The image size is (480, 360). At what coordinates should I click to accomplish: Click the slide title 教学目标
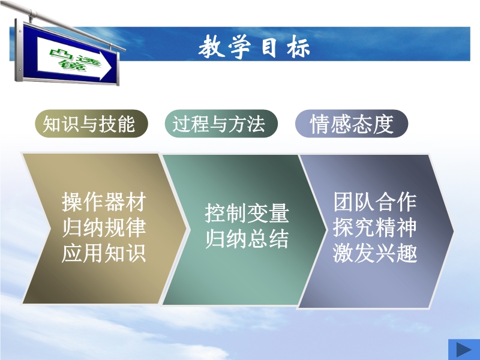pos(254,47)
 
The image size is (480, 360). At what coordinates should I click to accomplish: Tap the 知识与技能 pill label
pos(91,124)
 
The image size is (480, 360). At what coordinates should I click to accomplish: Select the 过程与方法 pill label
pos(221,124)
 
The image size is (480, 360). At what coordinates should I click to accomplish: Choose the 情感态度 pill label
pos(352,124)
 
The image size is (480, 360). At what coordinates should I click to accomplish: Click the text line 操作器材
pos(104,202)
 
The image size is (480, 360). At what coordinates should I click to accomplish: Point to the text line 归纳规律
pos(104,227)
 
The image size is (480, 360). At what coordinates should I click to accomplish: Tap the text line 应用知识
pos(104,253)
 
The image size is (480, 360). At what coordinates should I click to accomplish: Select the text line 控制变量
pos(247,213)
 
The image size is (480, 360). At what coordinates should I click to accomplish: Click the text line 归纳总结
pos(247,239)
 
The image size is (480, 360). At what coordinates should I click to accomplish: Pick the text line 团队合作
pos(374,202)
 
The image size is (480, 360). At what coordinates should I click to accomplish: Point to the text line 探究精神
pos(374,227)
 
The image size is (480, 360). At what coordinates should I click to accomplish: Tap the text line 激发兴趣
pos(374,253)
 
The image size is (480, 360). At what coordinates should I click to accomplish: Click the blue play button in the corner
pos(464,349)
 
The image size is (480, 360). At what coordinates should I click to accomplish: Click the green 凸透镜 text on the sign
pos(76,61)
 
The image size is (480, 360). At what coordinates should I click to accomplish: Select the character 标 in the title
pos(298,47)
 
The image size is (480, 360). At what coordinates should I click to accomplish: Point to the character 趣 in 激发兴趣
pos(407,253)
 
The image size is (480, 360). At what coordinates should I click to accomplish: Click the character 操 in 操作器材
pos(72,202)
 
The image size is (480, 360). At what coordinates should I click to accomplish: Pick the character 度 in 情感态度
pos(383,124)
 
